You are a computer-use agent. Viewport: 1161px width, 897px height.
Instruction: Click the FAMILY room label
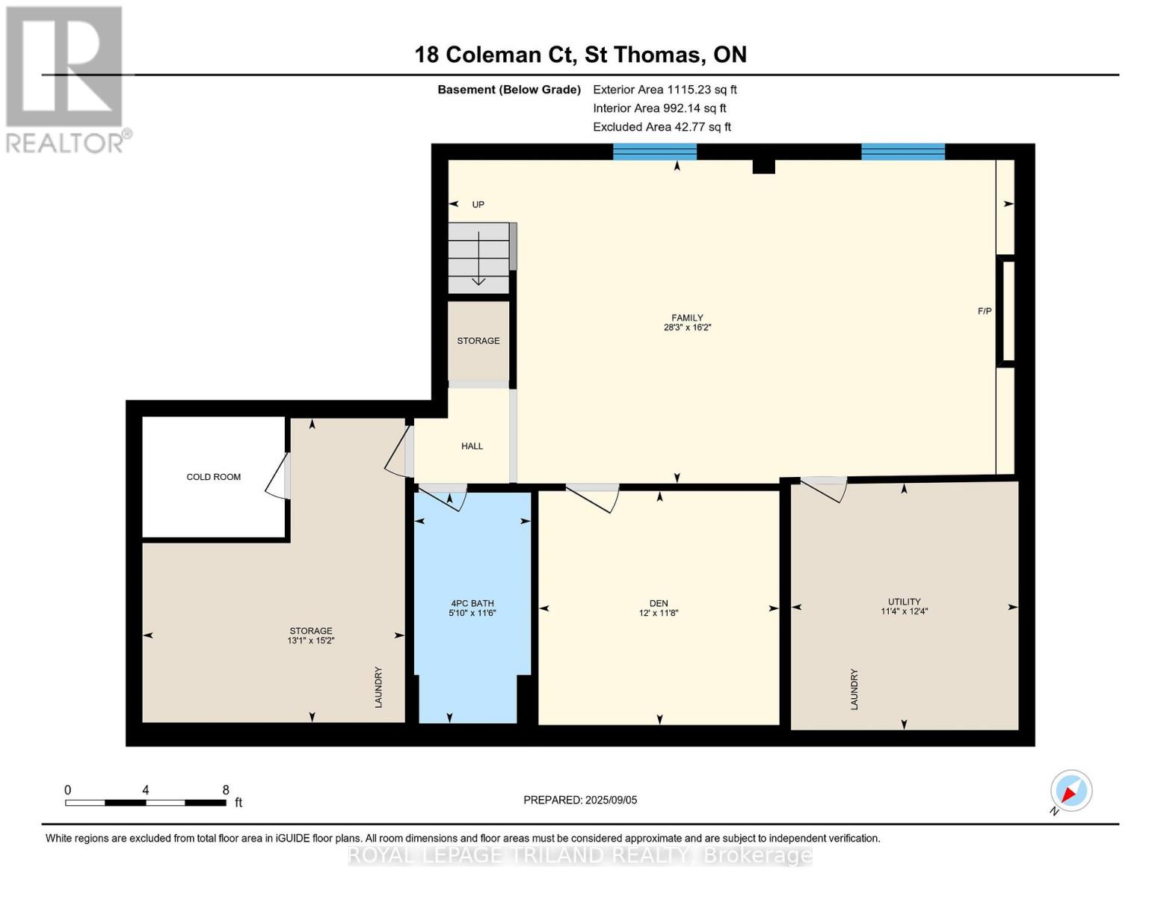686,318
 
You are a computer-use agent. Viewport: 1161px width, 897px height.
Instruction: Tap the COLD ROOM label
213,477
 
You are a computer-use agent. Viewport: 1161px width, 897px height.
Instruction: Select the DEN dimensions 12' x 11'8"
658,613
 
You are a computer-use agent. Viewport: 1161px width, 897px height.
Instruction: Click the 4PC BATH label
472,603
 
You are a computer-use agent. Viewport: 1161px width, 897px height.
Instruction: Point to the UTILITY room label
904,601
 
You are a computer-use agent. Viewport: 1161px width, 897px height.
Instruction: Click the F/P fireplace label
984,311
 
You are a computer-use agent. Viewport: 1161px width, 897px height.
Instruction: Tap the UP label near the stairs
478,204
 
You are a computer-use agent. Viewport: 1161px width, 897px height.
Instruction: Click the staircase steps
478,259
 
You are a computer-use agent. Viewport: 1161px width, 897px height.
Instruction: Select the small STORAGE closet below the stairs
478,341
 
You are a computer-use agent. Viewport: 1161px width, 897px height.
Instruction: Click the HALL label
472,446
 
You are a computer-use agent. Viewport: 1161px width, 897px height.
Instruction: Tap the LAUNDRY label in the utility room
854,689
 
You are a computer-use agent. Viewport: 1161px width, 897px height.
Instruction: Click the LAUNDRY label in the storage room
378,688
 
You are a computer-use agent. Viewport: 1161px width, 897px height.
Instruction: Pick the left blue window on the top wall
654,152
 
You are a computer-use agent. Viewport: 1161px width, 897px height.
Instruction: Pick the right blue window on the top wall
902,152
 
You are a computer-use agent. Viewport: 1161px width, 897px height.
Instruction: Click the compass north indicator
1071,791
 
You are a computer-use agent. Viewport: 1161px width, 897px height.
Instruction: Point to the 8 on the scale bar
226,790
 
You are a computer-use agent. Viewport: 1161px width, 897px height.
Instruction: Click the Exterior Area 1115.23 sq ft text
665,90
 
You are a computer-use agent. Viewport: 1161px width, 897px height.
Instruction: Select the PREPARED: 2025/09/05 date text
580,800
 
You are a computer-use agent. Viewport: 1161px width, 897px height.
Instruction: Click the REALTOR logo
66,78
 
